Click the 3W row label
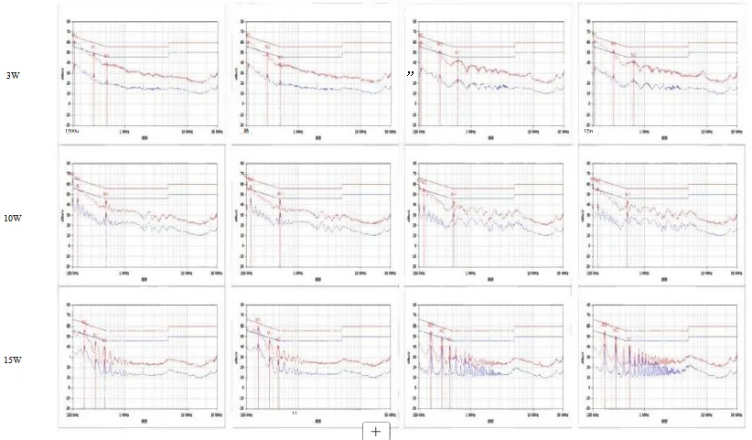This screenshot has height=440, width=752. pyautogui.click(x=13, y=75)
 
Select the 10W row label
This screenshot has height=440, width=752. pyautogui.click(x=14, y=218)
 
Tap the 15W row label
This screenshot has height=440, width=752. pyautogui.click(x=14, y=360)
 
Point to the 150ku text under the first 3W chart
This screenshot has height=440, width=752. pyautogui.click(x=73, y=133)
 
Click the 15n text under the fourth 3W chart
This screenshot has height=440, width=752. pyautogui.click(x=589, y=133)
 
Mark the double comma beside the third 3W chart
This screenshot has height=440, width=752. pyautogui.click(x=413, y=72)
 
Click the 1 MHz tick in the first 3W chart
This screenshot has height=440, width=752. pyautogui.click(x=124, y=132)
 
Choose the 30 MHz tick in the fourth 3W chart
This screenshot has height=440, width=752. pyautogui.click(x=733, y=132)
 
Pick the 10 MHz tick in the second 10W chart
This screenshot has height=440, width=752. pyautogui.click(x=360, y=273)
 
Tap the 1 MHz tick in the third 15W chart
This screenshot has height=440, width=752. pyautogui.click(x=470, y=414)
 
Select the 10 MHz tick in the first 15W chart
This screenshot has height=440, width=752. pyautogui.click(x=186, y=414)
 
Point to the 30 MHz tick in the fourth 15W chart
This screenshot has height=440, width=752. pyautogui.click(x=733, y=414)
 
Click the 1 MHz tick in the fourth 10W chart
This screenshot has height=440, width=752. pyautogui.click(x=644, y=273)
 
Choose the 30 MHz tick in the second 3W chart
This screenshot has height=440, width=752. pyautogui.click(x=389, y=132)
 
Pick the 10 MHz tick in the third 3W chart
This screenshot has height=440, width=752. pyautogui.click(x=531, y=132)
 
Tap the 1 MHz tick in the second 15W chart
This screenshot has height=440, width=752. pyautogui.click(x=298, y=414)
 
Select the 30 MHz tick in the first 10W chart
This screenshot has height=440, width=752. pyautogui.click(x=214, y=273)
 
